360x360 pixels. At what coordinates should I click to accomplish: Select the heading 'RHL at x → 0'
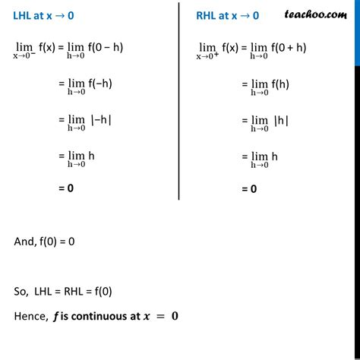coord(227,14)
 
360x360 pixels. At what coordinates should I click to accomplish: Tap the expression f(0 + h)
coord(291,47)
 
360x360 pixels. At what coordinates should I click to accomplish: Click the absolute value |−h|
coord(101,120)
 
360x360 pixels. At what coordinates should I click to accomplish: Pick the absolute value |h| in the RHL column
coord(282,120)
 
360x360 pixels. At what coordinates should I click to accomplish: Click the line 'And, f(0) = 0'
coord(44,241)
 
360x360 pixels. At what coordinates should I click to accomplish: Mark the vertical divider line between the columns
coord(178,99)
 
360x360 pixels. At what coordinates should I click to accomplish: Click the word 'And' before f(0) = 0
coord(23,241)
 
